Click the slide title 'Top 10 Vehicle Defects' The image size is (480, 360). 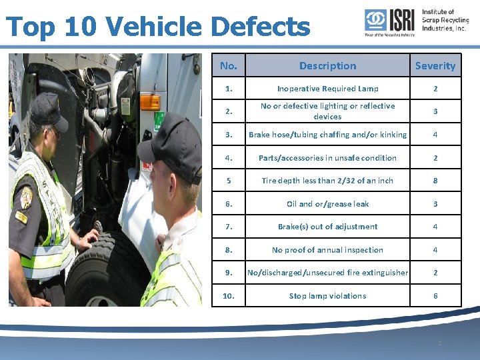coord(157,27)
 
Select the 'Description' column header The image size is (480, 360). coord(327,65)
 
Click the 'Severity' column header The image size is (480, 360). coord(435,65)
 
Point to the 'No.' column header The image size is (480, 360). coord(229,65)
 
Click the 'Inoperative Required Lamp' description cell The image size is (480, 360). coord(327,89)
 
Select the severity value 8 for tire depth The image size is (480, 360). coord(435,181)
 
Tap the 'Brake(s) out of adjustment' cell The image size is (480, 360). coord(327,227)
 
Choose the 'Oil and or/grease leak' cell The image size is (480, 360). coord(327,204)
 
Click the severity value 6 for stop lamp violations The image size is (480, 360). coord(435,296)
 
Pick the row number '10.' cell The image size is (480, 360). coord(229,296)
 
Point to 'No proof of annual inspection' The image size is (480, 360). coord(327,250)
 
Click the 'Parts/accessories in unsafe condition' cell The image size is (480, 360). coord(327,158)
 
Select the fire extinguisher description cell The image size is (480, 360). coord(327,273)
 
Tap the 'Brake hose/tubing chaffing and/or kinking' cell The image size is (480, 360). coord(327,135)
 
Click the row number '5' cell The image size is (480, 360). coord(229,181)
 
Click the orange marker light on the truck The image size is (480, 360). coord(149,102)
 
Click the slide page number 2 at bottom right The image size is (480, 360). coord(439,343)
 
